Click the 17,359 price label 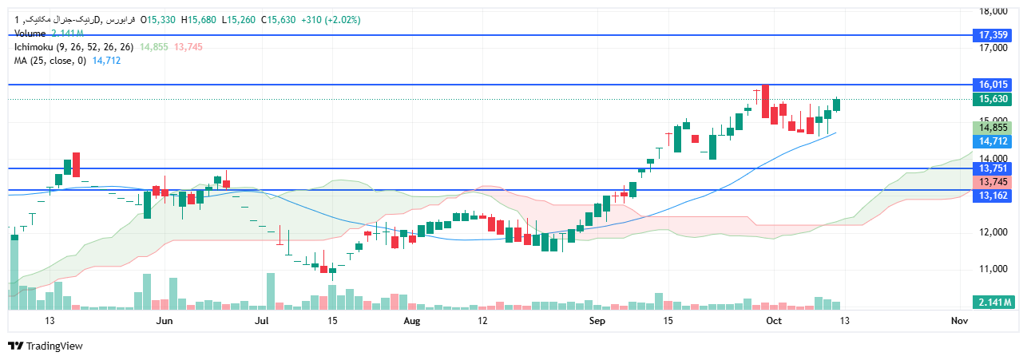(993, 35)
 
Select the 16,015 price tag (993, 85)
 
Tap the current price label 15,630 (993, 100)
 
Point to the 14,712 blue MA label (993, 140)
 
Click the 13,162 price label (993, 196)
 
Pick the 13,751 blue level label (993, 168)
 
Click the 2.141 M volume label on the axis (993, 302)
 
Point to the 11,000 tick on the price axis (993, 269)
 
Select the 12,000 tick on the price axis (993, 232)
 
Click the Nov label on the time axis (960, 321)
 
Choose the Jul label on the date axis (261, 321)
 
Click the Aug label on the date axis (411, 321)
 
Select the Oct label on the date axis (772, 321)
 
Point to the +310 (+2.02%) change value (331, 20)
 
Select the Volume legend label (30, 34)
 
